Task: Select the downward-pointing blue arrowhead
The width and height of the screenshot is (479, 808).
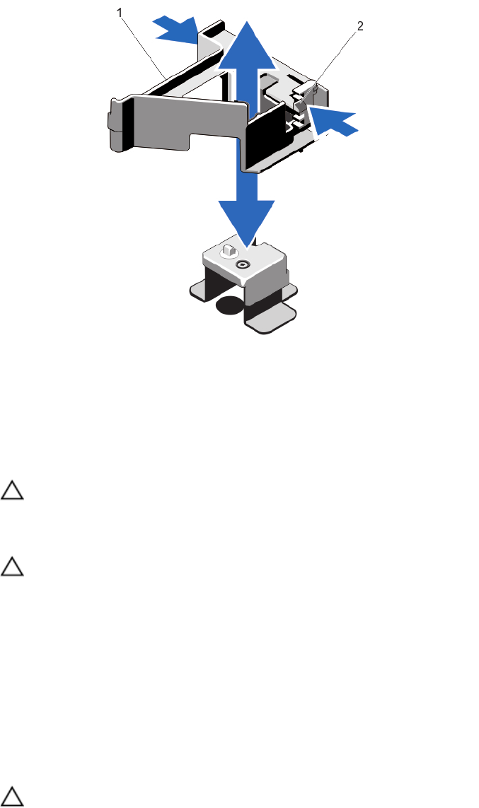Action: [246, 218]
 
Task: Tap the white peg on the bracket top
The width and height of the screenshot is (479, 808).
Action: [228, 250]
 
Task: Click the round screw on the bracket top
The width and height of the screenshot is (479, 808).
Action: [243, 266]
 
